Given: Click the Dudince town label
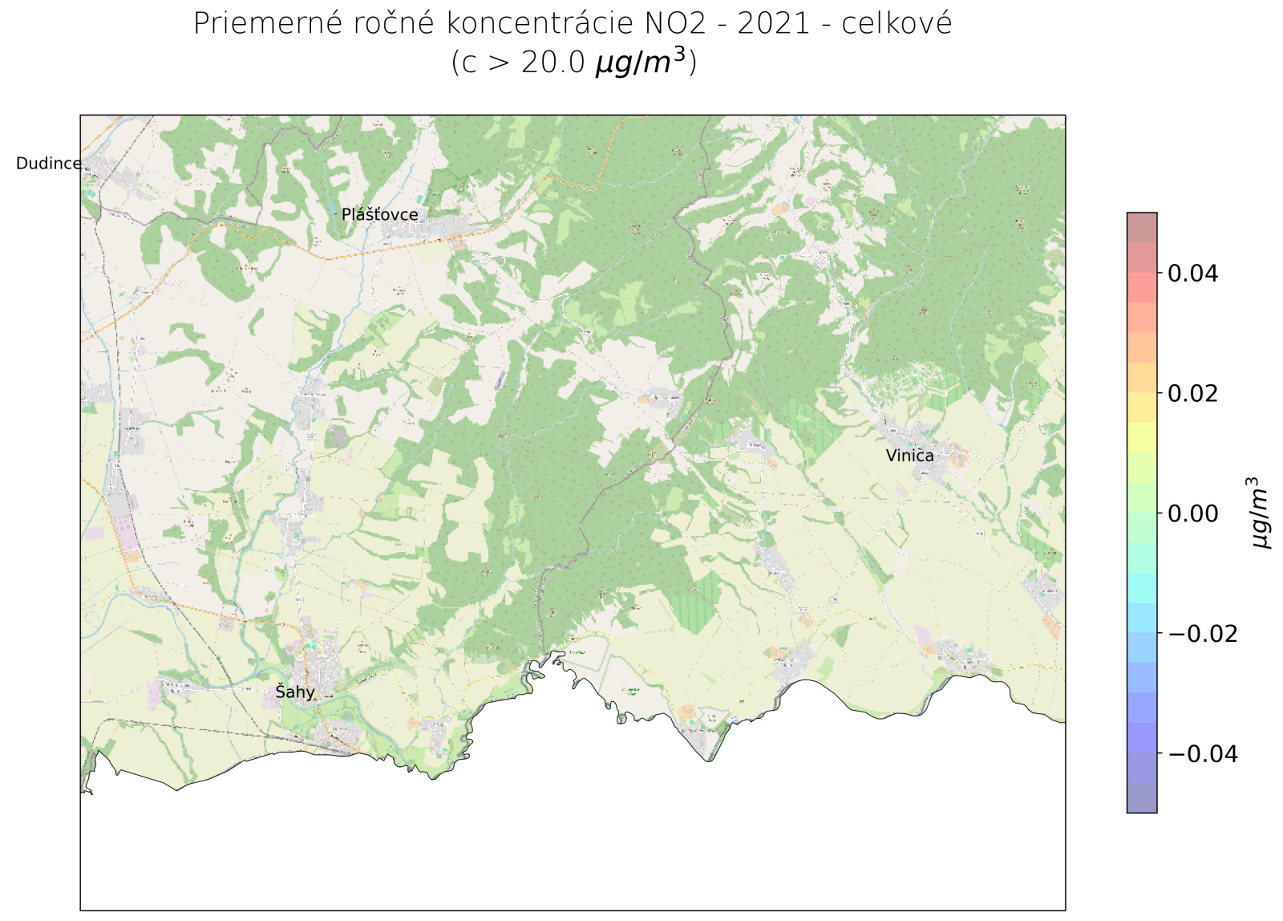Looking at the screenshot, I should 48,164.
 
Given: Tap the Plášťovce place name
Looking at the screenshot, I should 379,214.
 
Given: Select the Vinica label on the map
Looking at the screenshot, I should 909,456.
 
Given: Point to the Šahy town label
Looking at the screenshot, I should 295,692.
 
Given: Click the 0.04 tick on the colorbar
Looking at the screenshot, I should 1192,274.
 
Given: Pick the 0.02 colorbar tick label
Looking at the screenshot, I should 1192,393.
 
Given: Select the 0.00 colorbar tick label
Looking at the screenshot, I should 1192,513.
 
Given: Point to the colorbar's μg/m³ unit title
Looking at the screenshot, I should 1260,513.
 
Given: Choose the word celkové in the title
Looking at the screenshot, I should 896,24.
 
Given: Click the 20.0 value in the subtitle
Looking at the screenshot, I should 553,63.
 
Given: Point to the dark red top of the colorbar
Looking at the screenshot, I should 1141,220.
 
